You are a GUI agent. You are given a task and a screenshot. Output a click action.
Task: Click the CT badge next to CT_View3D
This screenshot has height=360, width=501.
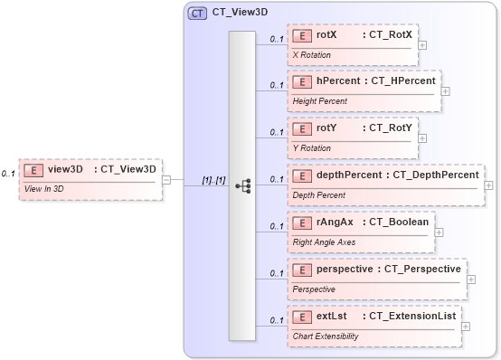(196, 14)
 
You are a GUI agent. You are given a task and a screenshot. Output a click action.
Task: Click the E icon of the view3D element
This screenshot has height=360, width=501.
(33, 168)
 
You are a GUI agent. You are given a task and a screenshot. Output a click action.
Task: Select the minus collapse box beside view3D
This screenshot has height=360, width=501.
(166, 179)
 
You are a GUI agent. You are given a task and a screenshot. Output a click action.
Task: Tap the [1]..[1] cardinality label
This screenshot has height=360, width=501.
(213, 180)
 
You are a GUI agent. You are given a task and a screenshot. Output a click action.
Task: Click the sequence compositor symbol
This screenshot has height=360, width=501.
(242, 185)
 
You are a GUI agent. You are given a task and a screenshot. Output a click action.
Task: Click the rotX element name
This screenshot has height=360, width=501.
(326, 35)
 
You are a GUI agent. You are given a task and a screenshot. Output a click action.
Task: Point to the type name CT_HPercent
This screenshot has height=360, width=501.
(402, 81)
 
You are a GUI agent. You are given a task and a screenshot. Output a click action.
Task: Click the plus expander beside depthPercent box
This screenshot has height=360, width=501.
(489, 185)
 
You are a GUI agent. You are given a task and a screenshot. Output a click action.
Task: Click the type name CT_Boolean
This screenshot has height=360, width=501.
(395, 222)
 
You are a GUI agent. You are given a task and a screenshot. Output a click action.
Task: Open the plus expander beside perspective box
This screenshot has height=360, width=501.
(471, 279)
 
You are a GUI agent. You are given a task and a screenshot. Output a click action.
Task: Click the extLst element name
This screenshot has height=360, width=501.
(332, 316)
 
